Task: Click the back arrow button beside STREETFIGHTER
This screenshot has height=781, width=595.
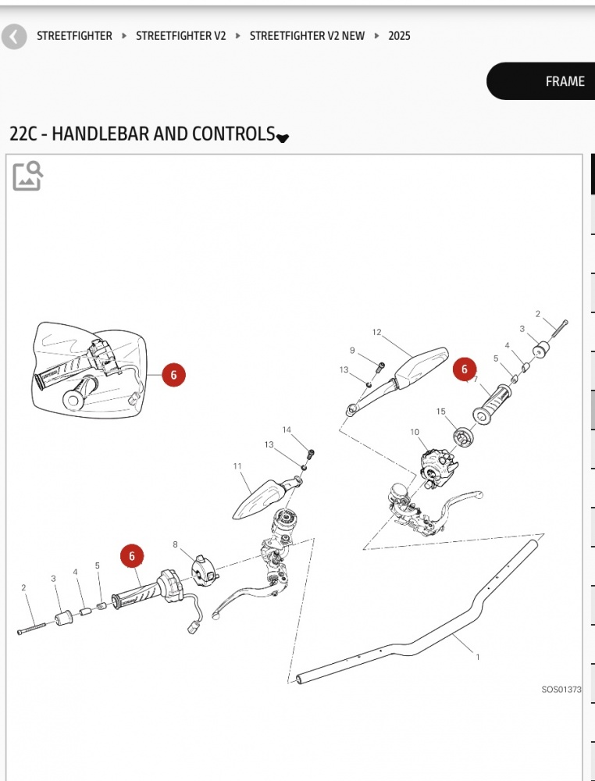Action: [x=14, y=36]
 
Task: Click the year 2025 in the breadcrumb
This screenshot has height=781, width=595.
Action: [x=399, y=36]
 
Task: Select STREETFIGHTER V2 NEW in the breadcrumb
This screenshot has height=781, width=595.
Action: [x=307, y=36]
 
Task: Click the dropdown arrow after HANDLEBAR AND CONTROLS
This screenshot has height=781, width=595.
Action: [x=283, y=138]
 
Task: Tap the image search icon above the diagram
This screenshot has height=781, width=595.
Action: [x=27, y=176]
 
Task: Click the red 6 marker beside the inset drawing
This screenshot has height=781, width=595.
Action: [x=173, y=375]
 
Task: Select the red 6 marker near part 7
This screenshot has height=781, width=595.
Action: [x=465, y=369]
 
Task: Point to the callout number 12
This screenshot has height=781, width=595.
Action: [x=376, y=333]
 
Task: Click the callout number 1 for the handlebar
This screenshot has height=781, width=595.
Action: [x=478, y=657]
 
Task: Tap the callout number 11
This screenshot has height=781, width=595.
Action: [x=237, y=466]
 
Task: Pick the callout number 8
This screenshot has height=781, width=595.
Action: [x=175, y=544]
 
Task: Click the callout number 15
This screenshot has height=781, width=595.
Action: [x=441, y=412]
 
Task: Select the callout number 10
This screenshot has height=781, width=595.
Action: [x=415, y=432]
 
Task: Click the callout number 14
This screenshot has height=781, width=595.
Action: [x=287, y=430]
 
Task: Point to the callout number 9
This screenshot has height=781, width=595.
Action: [x=352, y=351]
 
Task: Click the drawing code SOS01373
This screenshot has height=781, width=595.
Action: [x=561, y=690]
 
